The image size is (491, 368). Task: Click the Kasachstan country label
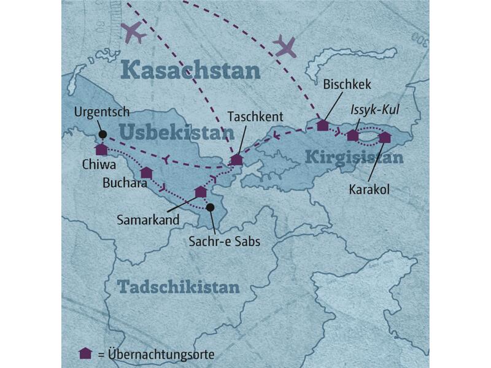tap(190, 70)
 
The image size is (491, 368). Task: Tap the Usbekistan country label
tap(177, 132)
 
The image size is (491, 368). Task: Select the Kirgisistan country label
tap(354, 158)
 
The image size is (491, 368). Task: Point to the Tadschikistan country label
tap(178, 286)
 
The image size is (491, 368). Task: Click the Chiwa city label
tap(95, 164)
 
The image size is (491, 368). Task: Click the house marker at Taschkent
tap(236, 160)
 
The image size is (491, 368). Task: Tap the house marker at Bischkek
tap(323, 125)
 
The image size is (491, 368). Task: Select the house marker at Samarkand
tap(201, 192)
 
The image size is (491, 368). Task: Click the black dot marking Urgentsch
tap(102, 134)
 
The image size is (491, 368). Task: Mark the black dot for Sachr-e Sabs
tap(210, 208)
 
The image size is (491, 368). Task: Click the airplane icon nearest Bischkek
tap(285, 46)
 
